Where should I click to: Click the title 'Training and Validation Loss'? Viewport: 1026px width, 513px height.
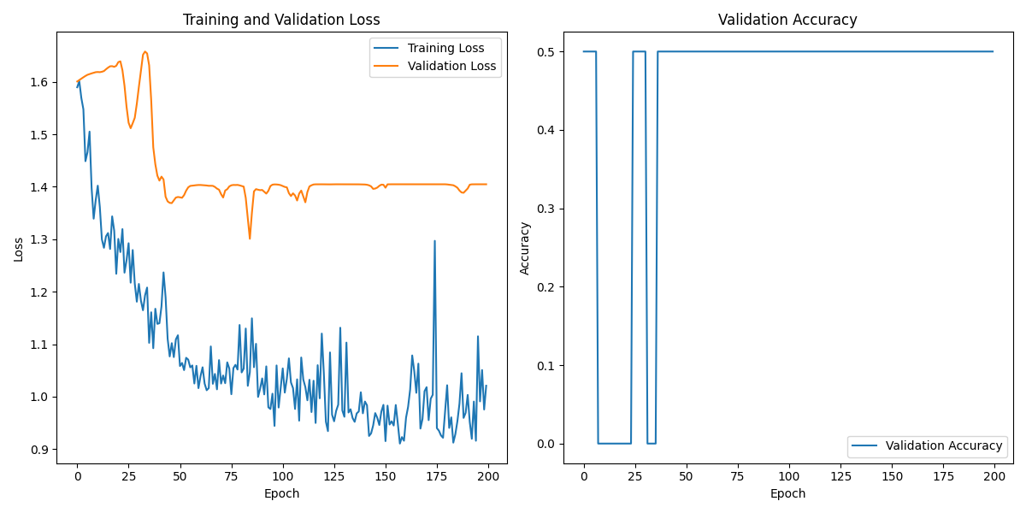(x=281, y=20)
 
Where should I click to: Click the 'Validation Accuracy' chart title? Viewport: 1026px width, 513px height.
(x=787, y=20)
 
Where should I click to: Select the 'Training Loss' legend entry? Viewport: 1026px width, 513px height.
(x=445, y=48)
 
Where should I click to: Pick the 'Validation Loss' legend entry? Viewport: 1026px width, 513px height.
(x=451, y=66)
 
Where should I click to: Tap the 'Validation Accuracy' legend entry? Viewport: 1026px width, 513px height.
(x=943, y=445)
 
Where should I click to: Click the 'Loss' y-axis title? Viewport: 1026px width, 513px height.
(x=18, y=249)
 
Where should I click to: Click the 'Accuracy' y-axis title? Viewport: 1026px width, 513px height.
(x=525, y=249)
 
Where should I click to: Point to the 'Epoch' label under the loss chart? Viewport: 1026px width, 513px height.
(x=281, y=493)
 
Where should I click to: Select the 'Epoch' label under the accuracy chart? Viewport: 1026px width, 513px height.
(x=787, y=493)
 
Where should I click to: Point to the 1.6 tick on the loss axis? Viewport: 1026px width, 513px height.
(x=40, y=82)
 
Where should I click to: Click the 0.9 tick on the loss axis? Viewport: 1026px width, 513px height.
(x=40, y=450)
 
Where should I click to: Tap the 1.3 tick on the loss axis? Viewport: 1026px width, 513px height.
(x=40, y=239)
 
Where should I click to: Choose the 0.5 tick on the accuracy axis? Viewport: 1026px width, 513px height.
(x=547, y=51)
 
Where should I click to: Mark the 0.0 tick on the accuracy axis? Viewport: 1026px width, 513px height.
(x=547, y=444)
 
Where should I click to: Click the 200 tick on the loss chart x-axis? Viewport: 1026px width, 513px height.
(x=488, y=475)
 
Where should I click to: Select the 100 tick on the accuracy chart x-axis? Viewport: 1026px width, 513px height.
(x=789, y=475)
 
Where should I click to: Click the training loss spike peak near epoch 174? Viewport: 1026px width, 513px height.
(x=434, y=240)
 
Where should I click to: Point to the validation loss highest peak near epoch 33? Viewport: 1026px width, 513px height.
(x=144, y=51)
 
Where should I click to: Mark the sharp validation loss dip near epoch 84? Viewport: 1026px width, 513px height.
(x=250, y=239)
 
